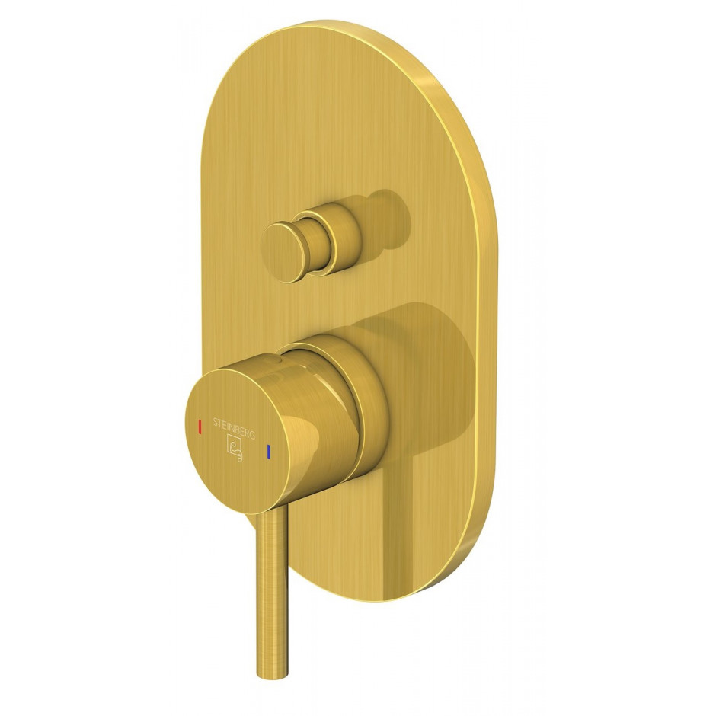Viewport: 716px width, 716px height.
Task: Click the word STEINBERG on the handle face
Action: [233, 427]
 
